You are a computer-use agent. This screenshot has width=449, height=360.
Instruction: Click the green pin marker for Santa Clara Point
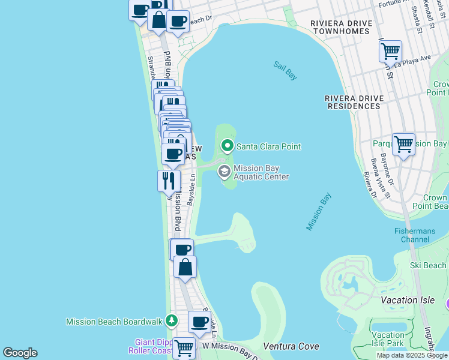coord(227,145)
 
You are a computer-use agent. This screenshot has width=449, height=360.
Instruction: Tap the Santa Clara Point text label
coord(268,146)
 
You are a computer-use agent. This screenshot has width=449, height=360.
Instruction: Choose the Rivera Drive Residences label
coord(353,102)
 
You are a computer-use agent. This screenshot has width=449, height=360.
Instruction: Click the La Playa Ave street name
coord(413,59)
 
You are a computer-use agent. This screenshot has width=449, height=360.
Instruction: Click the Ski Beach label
coord(428,265)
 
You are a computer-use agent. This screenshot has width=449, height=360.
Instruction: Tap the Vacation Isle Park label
coord(388,339)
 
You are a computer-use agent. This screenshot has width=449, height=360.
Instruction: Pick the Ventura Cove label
coord(291,346)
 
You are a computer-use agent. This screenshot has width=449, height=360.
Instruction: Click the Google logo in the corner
coord(20,353)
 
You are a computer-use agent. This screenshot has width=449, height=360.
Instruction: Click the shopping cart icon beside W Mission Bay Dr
coord(184,347)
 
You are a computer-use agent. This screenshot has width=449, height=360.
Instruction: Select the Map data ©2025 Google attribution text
coord(412,355)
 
